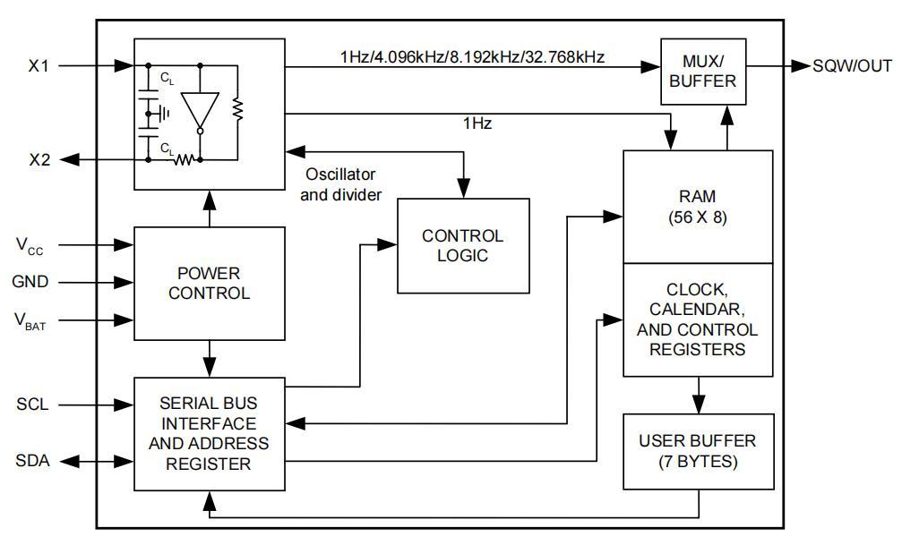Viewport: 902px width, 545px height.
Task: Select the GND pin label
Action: coord(30,282)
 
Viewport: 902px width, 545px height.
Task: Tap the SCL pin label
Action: coord(31,404)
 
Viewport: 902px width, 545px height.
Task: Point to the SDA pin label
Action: coord(32,461)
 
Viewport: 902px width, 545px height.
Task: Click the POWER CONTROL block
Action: coord(209,283)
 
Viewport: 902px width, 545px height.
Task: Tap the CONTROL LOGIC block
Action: coord(463,246)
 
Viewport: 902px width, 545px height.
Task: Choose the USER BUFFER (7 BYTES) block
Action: coord(698,451)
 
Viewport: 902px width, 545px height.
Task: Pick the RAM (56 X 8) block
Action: coord(698,207)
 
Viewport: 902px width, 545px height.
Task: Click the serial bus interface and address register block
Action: coord(209,433)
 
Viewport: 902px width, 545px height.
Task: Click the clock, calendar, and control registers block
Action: coord(698,319)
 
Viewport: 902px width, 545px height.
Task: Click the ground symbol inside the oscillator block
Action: coord(162,113)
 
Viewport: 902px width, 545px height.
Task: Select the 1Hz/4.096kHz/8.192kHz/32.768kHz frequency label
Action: coord(472,57)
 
